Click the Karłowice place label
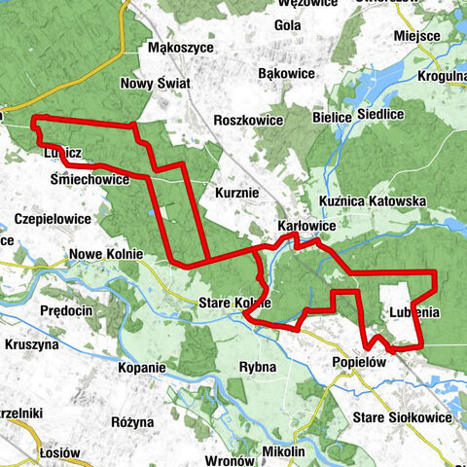pyautogui.click(x=307, y=226)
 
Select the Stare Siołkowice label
pyautogui.click(x=402, y=416)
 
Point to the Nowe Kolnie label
pyautogui.click(x=106, y=255)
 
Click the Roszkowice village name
pyautogui.click(x=249, y=121)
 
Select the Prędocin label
pyautogui.click(x=66, y=310)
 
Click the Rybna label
pyautogui.click(x=258, y=367)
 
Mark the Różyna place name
pyautogui.click(x=132, y=422)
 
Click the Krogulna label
pyautogui.click(x=444, y=74)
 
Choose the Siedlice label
pyautogui.click(x=379, y=114)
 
